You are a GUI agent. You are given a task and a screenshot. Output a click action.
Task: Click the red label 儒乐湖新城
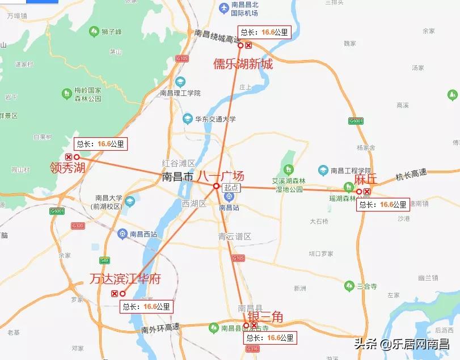(x=243, y=63)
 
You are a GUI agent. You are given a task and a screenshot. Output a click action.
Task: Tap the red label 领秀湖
(x=67, y=167)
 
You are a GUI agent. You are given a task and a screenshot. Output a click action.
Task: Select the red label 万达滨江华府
(x=125, y=279)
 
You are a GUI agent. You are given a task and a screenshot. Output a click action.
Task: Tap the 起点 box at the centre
(x=231, y=188)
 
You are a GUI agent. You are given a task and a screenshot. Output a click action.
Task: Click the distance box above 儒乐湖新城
(x=265, y=32)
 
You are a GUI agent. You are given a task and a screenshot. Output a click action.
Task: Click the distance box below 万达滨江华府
(x=146, y=307)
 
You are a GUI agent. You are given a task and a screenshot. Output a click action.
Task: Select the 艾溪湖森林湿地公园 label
(x=288, y=185)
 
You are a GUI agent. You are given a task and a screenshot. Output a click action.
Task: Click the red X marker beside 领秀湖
(x=69, y=157)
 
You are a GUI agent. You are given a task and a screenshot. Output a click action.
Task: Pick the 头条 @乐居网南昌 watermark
(x=401, y=344)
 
